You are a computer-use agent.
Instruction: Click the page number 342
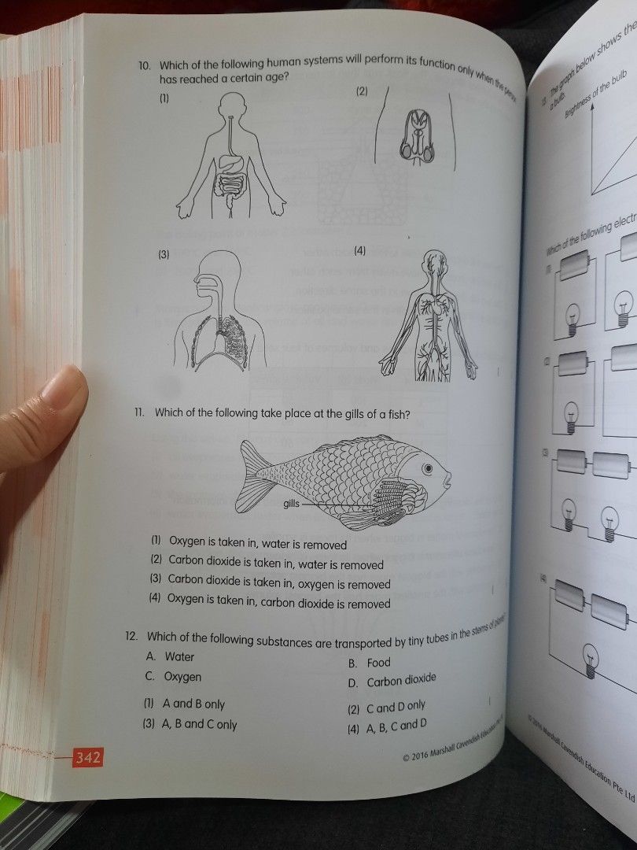click(87, 758)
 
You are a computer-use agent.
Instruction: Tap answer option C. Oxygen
click(173, 677)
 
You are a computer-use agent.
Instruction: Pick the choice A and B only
click(185, 704)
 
